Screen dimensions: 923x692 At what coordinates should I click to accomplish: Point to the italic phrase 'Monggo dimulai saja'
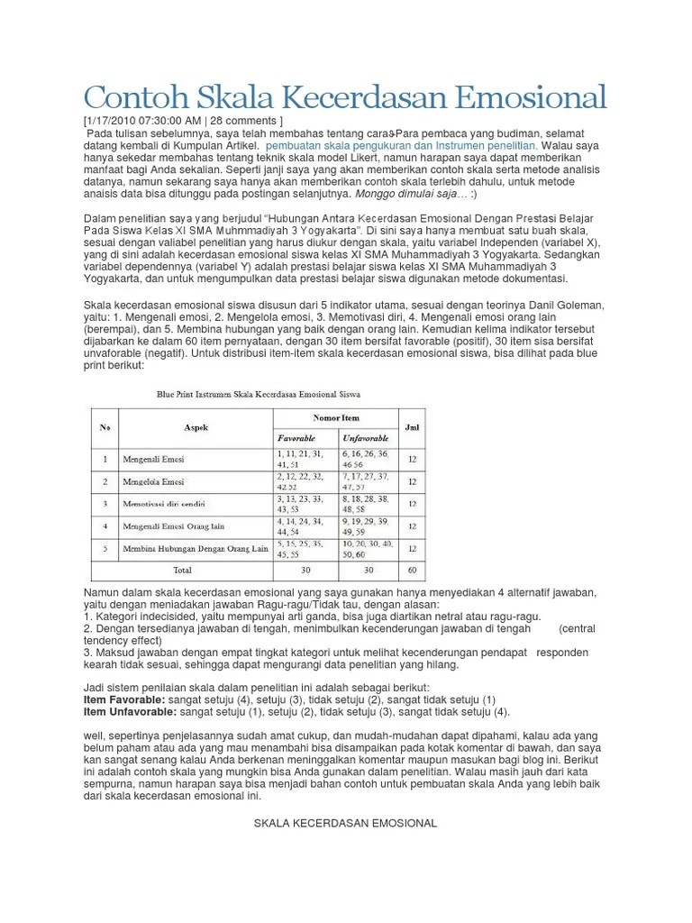click(x=410, y=193)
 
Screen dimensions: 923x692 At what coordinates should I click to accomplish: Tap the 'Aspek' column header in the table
click(x=196, y=427)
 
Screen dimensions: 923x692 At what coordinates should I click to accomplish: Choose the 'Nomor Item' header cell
click(x=334, y=418)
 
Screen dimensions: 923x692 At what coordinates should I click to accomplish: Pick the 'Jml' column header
click(x=412, y=427)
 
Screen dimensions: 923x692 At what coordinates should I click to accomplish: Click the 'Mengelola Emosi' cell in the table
click(x=154, y=481)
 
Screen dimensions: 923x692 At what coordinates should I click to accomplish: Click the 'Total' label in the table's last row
click(x=182, y=571)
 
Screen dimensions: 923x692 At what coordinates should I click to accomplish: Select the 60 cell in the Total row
click(x=412, y=571)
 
